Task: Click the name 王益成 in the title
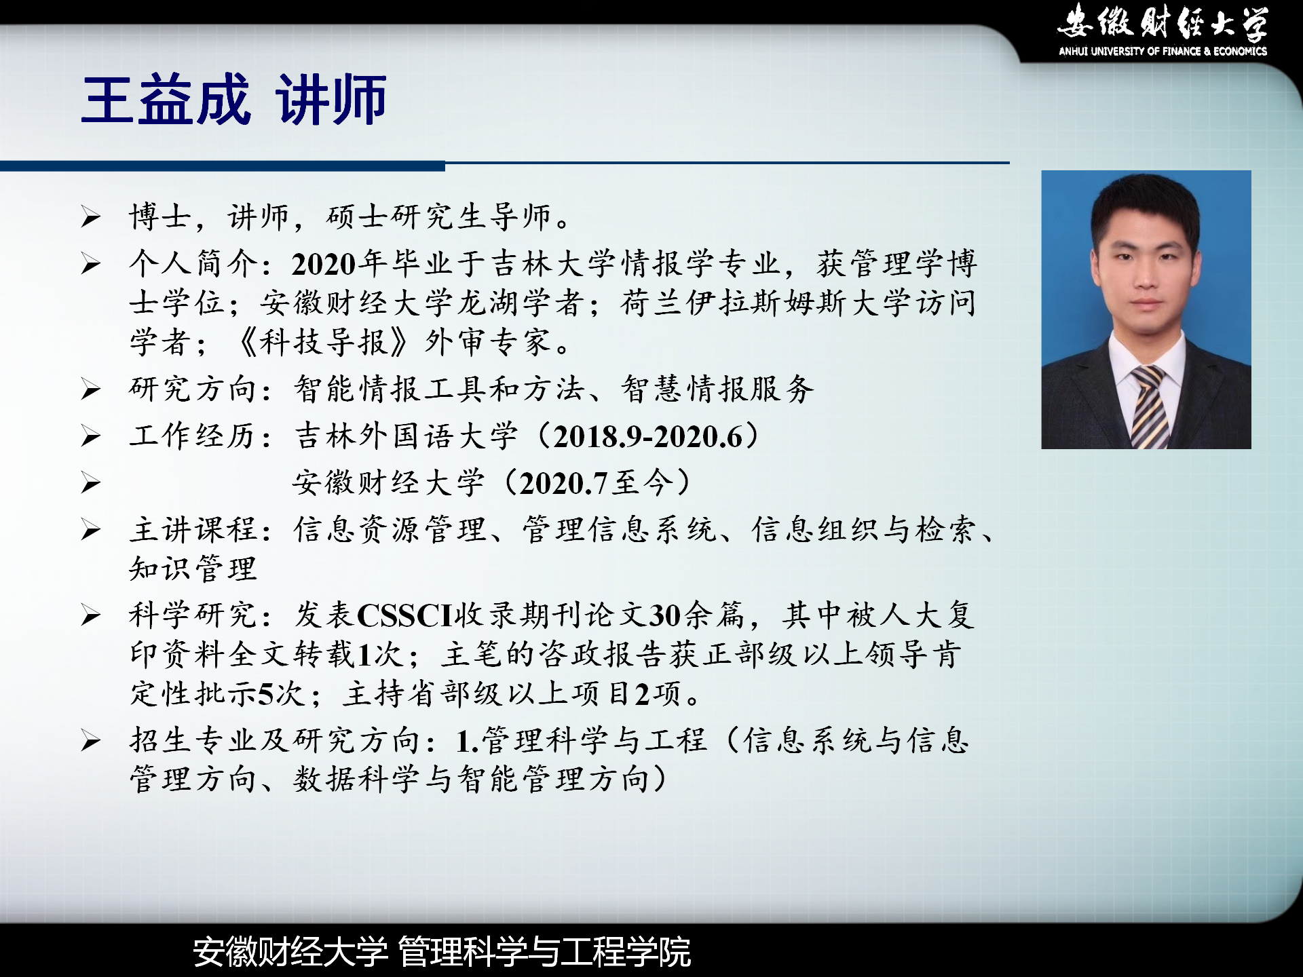166,100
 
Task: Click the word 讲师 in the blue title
331,100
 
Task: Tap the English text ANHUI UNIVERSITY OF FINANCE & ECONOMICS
1163,51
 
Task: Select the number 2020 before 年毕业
324,264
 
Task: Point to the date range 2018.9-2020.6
648,437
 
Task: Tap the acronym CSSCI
404,615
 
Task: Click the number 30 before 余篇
665,615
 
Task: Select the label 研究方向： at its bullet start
201,389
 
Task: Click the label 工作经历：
201,436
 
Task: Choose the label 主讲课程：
201,530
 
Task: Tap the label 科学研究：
201,615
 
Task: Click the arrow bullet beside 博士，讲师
91,217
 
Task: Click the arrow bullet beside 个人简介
91,264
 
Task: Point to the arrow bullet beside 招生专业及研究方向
91,740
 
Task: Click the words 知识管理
193,569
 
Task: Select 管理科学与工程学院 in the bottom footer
544,951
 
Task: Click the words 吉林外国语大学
407,436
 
